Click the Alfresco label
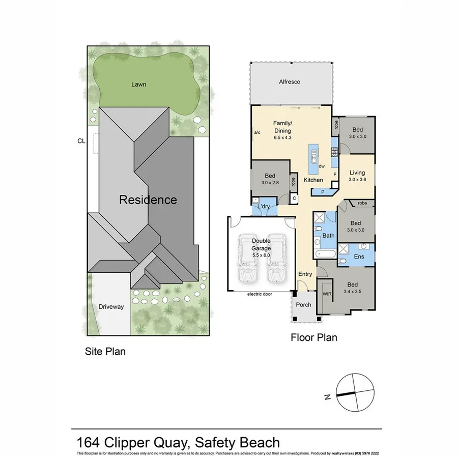pyautogui.click(x=290, y=81)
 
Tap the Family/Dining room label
pyautogui.click(x=282, y=127)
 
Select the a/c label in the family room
pyautogui.click(x=257, y=133)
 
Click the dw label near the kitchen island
pyautogui.click(x=322, y=166)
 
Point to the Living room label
pyautogui.click(x=357, y=173)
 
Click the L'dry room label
pyautogui.click(x=263, y=207)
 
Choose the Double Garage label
pyautogui.click(x=261, y=245)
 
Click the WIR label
pyautogui.click(x=327, y=294)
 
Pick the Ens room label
pyautogui.click(x=359, y=257)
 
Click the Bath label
pyautogui.click(x=328, y=236)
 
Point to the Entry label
pyautogui.click(x=305, y=274)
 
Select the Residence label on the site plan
pyautogui.click(x=148, y=200)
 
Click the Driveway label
pyautogui.click(x=111, y=307)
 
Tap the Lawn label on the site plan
pyautogui.click(x=138, y=84)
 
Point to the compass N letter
pyautogui.click(x=329, y=396)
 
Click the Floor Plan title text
pyautogui.click(x=313, y=337)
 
